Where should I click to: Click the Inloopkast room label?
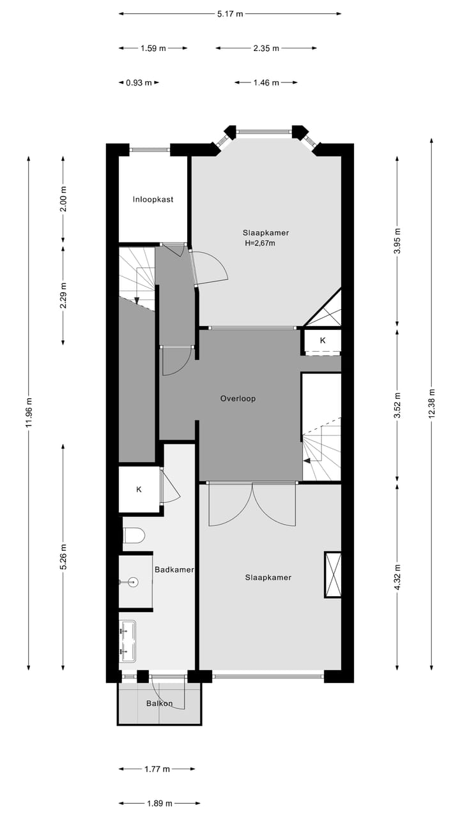pyautogui.click(x=153, y=199)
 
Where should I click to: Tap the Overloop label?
pyautogui.click(x=238, y=398)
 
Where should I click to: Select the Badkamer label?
pyautogui.click(x=174, y=569)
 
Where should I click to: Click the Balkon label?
pyautogui.click(x=159, y=703)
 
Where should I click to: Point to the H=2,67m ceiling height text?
pyautogui.click(x=260, y=243)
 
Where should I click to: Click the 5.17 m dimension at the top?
pyautogui.click(x=230, y=13)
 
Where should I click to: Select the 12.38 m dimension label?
pyautogui.click(x=432, y=403)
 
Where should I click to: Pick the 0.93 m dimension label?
pyautogui.click(x=139, y=82)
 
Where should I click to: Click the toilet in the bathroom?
pyautogui.click(x=134, y=534)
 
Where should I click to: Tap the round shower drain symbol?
pyautogui.click(x=134, y=581)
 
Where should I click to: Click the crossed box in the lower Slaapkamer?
pyautogui.click(x=333, y=574)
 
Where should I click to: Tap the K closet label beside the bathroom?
pyautogui.click(x=139, y=490)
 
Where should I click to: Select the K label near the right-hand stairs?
pyautogui.click(x=323, y=340)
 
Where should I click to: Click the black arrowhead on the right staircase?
pyautogui.click(x=308, y=460)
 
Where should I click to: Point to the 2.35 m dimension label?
pyautogui.click(x=266, y=48)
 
